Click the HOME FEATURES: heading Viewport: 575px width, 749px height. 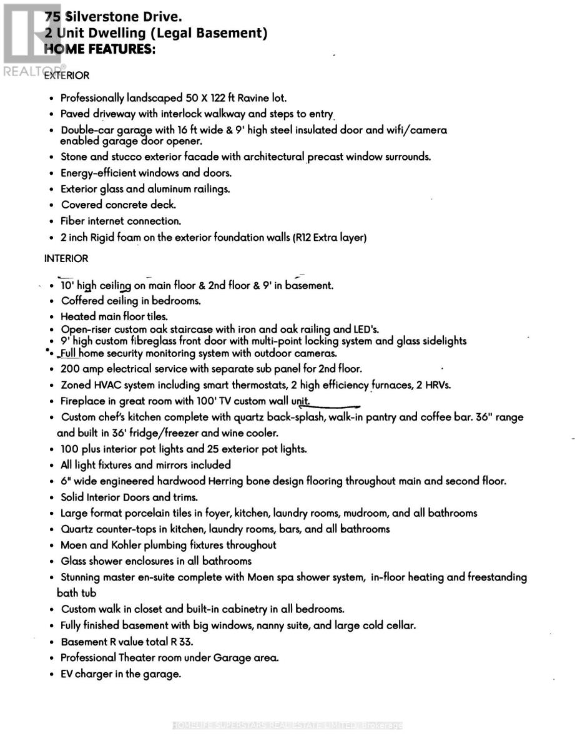[x=99, y=49]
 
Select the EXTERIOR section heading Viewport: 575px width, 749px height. [x=67, y=76]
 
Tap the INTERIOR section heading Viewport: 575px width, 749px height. [x=66, y=258]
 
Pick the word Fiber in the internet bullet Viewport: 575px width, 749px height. [x=72, y=221]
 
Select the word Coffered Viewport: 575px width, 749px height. [x=83, y=301]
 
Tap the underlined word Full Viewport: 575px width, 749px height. [x=70, y=353]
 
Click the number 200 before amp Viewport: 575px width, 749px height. [x=71, y=369]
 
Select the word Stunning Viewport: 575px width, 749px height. [x=84, y=577]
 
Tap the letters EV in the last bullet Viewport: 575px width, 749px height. [x=67, y=674]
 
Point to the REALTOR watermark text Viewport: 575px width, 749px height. [x=28, y=70]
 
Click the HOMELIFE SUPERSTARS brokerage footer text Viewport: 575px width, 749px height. [x=287, y=725]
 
